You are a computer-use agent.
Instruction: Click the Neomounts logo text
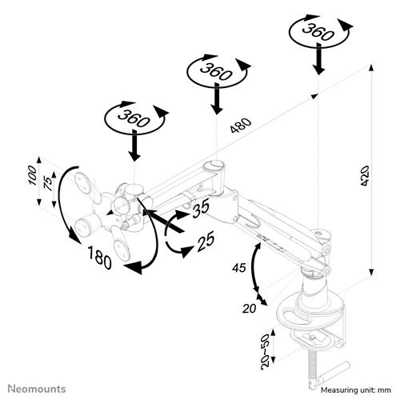(34, 390)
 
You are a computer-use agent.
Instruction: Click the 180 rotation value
(99, 259)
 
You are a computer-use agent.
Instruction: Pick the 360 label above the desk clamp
(318, 31)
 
